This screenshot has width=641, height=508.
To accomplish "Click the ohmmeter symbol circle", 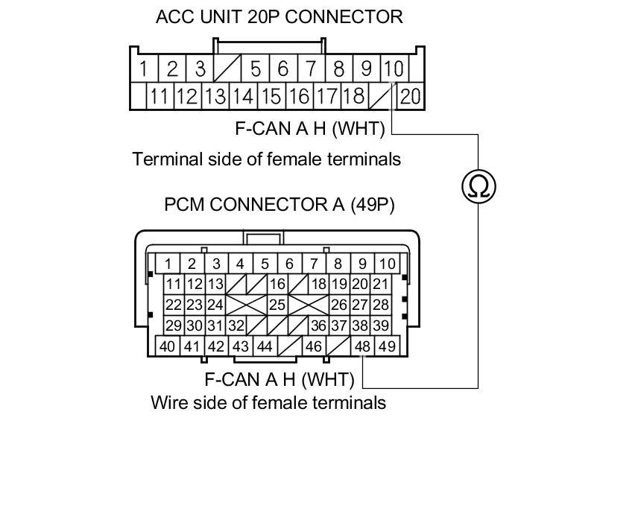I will click(x=479, y=185).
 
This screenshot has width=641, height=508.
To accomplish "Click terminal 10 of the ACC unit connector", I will click(x=393, y=69).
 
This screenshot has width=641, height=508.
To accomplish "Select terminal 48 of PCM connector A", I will click(x=363, y=346).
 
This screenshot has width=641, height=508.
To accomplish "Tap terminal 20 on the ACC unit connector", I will click(x=411, y=96).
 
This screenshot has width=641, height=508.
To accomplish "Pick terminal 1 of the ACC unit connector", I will click(x=143, y=69).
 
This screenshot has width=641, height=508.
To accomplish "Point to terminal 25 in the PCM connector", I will click(x=277, y=305).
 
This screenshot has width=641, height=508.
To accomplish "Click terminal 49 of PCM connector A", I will click(x=387, y=346).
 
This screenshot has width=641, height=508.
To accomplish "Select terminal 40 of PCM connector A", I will click(x=168, y=346).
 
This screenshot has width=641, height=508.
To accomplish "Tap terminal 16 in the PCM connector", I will click(x=277, y=284).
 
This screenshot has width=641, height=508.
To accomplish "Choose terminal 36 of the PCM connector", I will click(x=318, y=326).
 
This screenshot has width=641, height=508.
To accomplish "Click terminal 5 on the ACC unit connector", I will click(x=255, y=69).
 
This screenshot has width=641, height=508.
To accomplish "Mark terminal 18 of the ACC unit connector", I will click(x=355, y=96).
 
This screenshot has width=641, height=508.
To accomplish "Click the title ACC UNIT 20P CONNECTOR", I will click(x=279, y=16).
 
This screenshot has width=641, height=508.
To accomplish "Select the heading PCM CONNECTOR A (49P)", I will click(x=279, y=205).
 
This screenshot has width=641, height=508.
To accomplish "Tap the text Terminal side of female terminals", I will click(x=266, y=159).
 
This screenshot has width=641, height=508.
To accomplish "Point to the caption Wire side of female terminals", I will click(x=268, y=403).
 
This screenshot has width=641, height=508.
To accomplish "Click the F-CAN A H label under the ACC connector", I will click(x=309, y=129).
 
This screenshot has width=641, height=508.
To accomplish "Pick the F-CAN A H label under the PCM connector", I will click(x=280, y=379).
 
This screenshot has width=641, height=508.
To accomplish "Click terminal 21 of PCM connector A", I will click(x=380, y=284).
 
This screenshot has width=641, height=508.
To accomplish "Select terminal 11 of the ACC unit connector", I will click(x=158, y=96).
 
